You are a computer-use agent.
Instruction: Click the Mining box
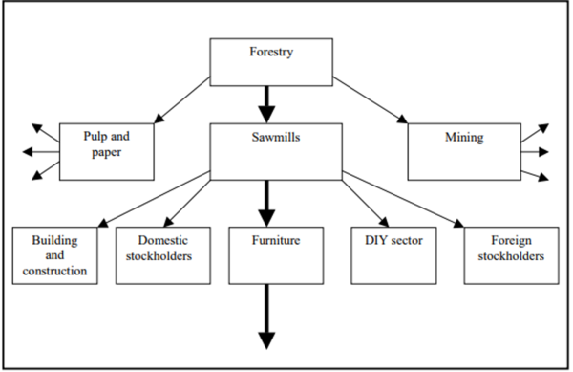pos(464,151)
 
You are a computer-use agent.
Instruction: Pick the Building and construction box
pos(57,255)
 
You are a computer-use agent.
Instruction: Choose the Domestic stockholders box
pos(162,255)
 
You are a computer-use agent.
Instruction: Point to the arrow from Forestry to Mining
pos(368,99)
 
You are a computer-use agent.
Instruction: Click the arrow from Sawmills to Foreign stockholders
pos(406,200)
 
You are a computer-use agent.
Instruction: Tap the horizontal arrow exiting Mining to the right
pos(534,151)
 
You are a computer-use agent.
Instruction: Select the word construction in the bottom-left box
pos(58,272)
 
